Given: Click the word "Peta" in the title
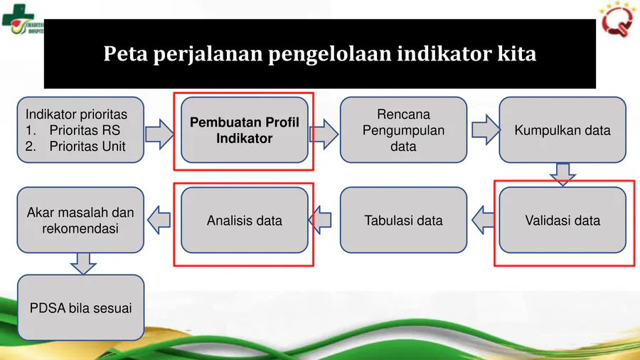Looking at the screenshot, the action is pos(125,53).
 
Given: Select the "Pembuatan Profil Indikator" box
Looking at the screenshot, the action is pos(245,129).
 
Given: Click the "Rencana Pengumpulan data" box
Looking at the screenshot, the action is pos(403,129).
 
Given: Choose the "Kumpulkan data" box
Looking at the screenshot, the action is pos(562,129).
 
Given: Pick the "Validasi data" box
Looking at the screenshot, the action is pos(562,220).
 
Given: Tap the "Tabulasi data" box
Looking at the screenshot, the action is pos(403,220).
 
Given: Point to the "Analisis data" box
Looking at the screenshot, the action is pos(245,220).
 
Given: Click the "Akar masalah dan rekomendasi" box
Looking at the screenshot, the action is pos(80,220).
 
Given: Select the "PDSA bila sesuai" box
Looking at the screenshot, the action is pos(80,307).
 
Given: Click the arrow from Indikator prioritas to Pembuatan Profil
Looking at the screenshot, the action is pos(159,134).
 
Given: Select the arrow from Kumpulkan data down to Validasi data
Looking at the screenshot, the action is pos(563,174).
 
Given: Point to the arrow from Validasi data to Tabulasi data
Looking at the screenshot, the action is pos(484,220).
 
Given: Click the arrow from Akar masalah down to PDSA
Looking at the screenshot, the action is pos(83,263).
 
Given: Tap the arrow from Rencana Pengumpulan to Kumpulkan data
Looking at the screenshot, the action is pos(486,129).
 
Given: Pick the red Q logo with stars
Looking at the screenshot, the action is pos(617,19).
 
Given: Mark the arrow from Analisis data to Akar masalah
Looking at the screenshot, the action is pos(159,220).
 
